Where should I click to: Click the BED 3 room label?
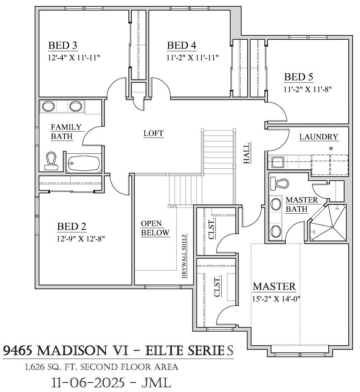click(x=63, y=45)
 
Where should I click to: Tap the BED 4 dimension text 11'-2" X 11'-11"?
click(x=193, y=57)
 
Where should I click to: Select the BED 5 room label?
click(x=299, y=77)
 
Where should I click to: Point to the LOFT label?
click(x=153, y=134)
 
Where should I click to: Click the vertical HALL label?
click(x=247, y=153)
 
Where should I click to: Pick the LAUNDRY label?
click(x=319, y=137)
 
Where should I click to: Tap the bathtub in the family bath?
click(x=84, y=163)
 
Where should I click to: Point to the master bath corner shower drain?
click(x=333, y=227)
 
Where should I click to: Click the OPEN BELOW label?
click(x=155, y=228)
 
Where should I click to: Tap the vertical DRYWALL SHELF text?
click(x=184, y=256)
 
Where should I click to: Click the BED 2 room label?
click(x=72, y=227)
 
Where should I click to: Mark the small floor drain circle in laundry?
click(x=331, y=148)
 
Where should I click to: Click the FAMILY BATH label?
click(x=66, y=132)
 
